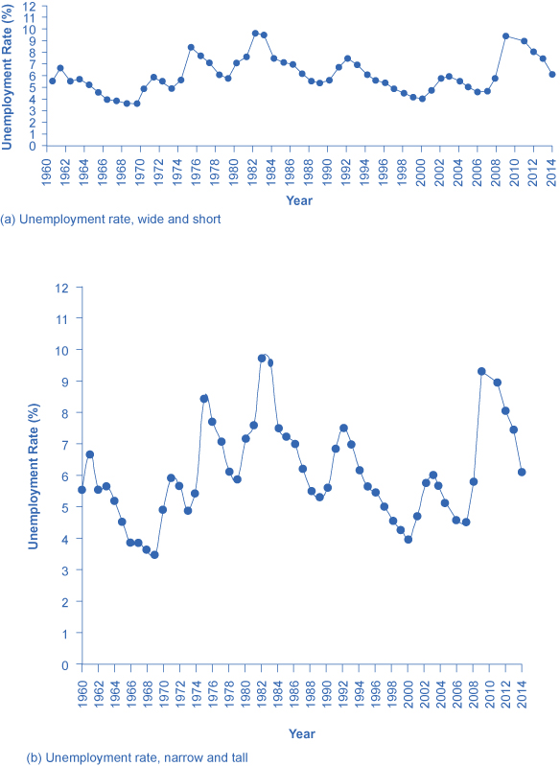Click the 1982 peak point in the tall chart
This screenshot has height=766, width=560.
point(262,359)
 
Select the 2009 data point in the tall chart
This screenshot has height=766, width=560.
point(481,371)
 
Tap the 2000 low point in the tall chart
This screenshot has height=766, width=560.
point(408,540)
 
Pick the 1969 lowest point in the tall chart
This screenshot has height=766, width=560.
point(154,555)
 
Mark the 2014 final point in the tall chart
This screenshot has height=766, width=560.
point(522,472)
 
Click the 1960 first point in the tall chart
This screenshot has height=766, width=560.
point(82,490)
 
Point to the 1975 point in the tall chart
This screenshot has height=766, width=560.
point(204,399)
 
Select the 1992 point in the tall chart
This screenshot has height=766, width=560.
point(343,429)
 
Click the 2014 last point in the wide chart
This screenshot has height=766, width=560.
point(551,75)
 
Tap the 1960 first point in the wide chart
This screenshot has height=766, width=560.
point(52,81)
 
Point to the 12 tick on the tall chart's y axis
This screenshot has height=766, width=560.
point(64,288)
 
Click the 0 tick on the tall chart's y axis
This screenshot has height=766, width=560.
point(64,664)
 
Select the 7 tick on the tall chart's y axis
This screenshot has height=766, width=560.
point(64,445)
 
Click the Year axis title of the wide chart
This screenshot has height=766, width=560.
point(298,200)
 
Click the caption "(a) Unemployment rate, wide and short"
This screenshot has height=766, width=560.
point(110,220)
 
